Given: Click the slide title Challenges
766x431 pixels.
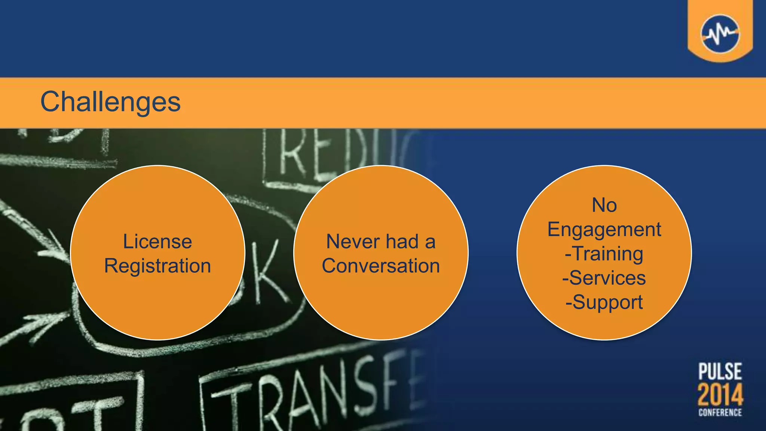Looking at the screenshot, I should pos(110,102).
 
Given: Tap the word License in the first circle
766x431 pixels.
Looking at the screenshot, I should pos(157,241).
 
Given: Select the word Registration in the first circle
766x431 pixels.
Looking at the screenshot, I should pos(157,266).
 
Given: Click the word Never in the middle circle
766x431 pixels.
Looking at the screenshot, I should pos(352,241).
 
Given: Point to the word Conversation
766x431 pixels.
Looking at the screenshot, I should pos(381,266).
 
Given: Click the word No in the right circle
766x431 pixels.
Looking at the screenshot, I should pos(604,205).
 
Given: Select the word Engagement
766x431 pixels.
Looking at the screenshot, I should pos(604,229).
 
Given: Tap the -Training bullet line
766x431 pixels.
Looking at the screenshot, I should pos(604,254).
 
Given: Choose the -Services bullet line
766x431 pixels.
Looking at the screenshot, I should pos(604,278).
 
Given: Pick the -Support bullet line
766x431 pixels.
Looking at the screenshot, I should pos(604,302).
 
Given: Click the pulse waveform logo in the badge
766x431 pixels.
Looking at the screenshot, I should pos(720,34).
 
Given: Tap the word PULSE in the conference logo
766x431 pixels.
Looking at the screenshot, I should pos(720,372).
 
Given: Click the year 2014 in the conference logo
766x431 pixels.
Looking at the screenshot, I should pos(720,395).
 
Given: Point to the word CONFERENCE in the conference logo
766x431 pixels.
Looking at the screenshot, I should pos(720,412).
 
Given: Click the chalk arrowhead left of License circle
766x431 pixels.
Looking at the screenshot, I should pos(56,247).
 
